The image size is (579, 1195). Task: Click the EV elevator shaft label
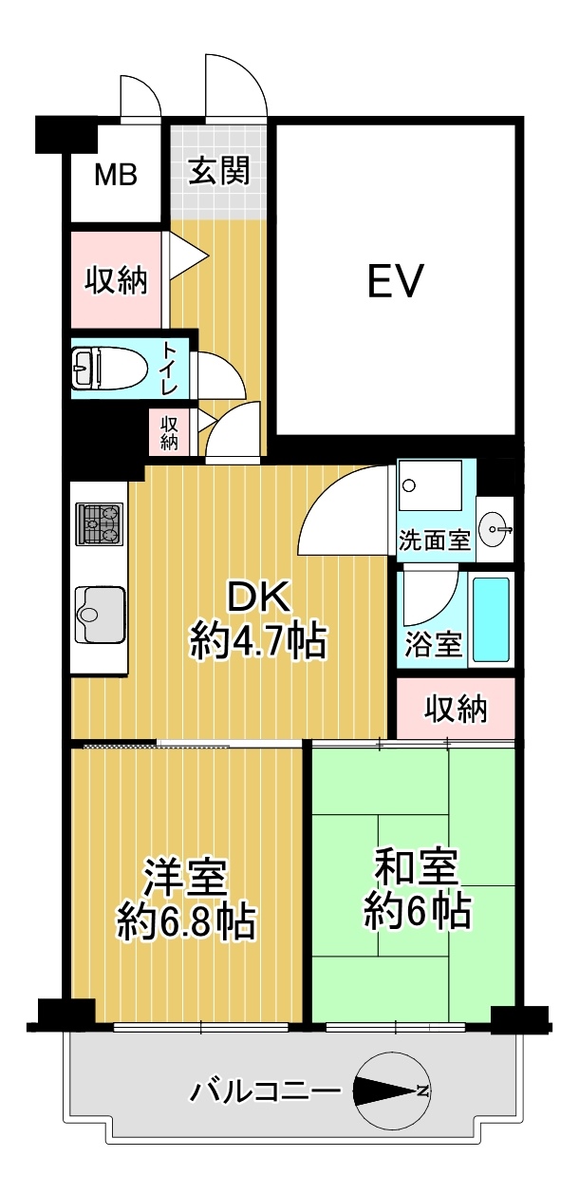(395, 280)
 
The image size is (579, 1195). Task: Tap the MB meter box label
(116, 174)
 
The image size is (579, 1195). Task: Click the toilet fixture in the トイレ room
(109, 368)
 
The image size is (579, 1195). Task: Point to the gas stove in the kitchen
(100, 523)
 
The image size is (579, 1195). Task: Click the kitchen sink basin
(100, 615)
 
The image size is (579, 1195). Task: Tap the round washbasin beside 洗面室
(495, 530)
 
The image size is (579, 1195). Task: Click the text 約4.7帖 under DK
(258, 641)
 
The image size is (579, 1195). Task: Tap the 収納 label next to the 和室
(456, 709)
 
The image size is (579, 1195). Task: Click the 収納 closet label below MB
(116, 279)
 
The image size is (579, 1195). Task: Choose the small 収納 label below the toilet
(169, 432)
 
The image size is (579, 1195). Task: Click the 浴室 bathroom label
(434, 643)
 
